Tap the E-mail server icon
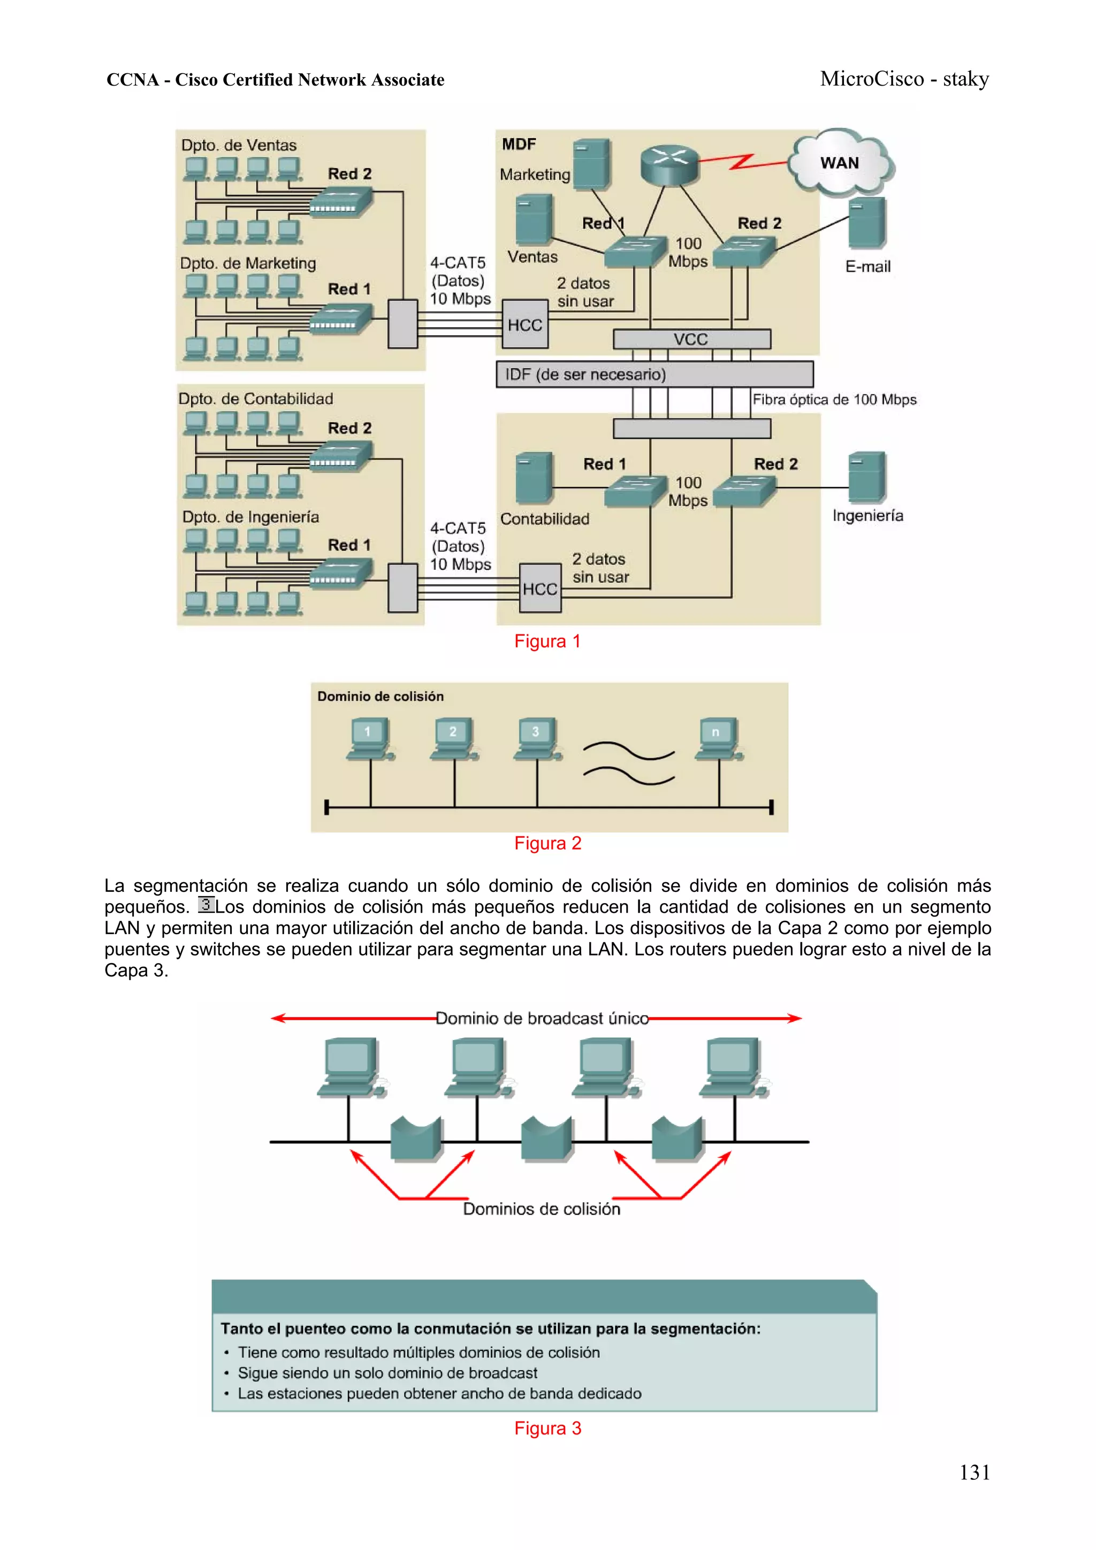[867, 223]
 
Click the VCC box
[691, 339]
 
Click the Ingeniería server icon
[867, 477]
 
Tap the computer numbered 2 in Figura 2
[453, 738]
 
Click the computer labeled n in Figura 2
[717, 738]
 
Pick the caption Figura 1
[547, 642]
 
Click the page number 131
[975, 1472]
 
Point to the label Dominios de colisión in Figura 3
[541, 1209]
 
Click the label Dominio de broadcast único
[542, 1018]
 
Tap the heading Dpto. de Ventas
[238, 145]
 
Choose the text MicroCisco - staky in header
[904, 79]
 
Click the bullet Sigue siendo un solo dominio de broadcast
[387, 1373]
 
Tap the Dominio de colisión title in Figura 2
[380, 696]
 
